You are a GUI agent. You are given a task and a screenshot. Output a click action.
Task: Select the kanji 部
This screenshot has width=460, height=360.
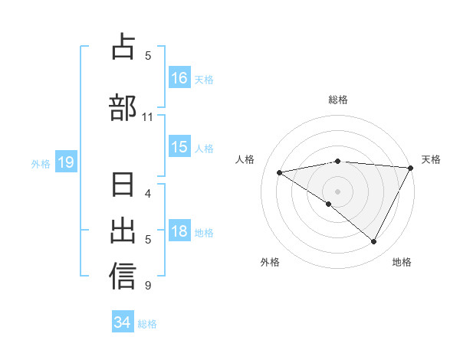pos(123,107)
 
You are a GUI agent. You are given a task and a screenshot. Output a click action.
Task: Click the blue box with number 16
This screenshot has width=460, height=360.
pos(179,77)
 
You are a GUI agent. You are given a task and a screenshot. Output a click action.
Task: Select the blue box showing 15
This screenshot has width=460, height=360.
pos(179,147)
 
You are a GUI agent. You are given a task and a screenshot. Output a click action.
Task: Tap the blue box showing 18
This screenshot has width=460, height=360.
pos(179,231)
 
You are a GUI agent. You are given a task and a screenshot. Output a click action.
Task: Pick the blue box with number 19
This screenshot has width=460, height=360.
pos(65,162)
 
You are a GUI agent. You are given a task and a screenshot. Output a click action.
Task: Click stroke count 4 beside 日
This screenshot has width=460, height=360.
pos(148,193)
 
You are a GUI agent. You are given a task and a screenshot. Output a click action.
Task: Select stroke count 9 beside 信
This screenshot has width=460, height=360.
pos(148,286)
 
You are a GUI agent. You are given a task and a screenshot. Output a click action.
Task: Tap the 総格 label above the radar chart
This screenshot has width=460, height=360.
pos(338,100)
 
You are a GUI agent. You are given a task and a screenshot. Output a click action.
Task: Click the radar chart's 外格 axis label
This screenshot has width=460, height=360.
pos(270,263)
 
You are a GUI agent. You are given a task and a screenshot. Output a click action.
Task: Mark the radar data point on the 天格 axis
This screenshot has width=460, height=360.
pos(411,168)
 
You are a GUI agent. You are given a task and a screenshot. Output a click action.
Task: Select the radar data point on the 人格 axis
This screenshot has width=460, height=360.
pos(280,172)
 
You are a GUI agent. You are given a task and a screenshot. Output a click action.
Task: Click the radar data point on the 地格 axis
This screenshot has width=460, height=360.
pos(373,242)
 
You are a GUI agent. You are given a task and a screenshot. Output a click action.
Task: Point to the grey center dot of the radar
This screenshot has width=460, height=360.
pos(337,191)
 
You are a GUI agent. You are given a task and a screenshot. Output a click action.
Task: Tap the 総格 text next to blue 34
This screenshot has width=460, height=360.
pos(147,324)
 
